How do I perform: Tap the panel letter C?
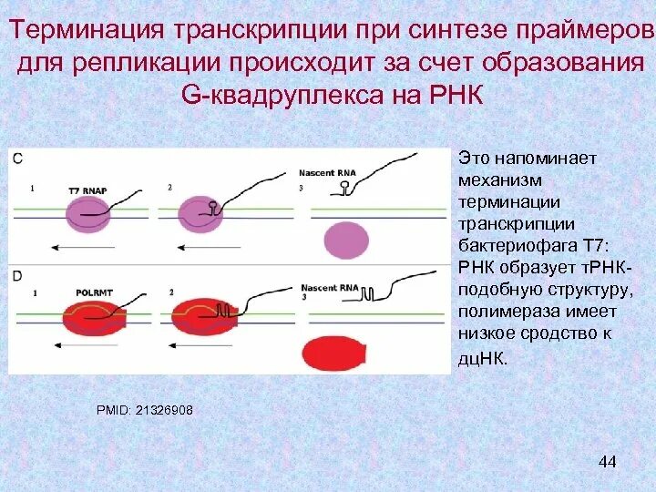pos(18,159)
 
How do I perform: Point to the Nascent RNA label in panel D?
pos(325,287)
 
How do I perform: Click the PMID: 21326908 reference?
pos(145,411)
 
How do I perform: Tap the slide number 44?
pos(608,462)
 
